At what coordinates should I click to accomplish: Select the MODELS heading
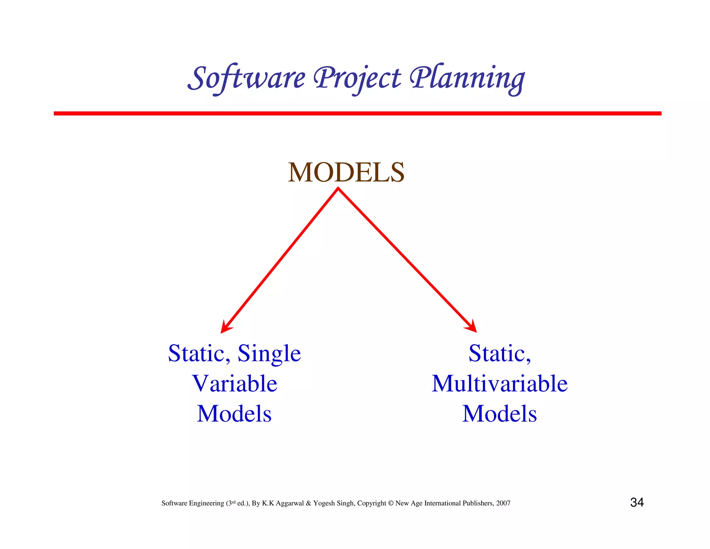pos(346,172)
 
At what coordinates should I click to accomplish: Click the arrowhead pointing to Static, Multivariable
pos(472,327)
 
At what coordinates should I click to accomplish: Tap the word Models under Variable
pos(234,414)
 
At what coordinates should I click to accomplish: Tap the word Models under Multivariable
pos(500,414)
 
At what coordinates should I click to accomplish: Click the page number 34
pos(637,502)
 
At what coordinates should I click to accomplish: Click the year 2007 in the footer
pos(503,503)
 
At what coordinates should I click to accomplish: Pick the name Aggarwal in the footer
pos(290,503)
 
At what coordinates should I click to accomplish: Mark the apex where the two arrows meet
pos(338,189)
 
